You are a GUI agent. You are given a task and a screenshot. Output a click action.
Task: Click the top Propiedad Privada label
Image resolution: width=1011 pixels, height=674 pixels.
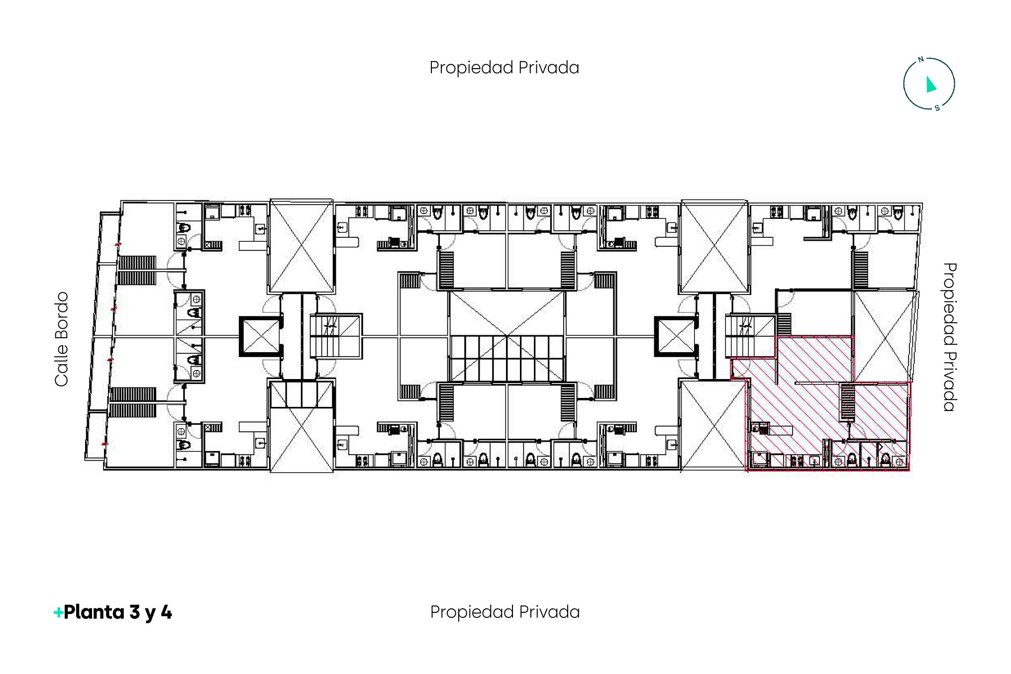[504, 68]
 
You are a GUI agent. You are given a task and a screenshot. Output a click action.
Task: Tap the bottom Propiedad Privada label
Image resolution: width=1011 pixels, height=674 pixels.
[505, 612]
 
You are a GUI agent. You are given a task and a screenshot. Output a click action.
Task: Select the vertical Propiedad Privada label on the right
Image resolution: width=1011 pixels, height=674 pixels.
[950, 337]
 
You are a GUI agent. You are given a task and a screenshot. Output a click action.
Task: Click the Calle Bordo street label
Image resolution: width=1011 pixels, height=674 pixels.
[61, 339]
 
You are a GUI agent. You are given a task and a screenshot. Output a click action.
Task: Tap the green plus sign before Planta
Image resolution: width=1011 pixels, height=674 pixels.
[58, 612]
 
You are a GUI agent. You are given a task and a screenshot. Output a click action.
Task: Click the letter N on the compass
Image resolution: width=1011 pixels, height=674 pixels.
[920, 60]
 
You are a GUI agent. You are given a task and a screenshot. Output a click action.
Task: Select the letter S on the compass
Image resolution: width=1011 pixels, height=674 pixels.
[937, 107]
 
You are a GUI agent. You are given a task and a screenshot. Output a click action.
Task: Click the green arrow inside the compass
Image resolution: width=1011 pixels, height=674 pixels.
[930, 85]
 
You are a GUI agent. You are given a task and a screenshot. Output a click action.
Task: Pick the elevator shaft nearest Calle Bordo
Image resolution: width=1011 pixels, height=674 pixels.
[260, 337]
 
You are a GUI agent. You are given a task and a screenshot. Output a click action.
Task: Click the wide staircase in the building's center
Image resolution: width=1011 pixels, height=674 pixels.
[507, 359]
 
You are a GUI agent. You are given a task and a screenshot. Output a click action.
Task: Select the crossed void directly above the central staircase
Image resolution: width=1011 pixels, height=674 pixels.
[507, 314]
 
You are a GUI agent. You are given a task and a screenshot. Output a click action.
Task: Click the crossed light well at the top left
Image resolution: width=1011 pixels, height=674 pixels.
[302, 246]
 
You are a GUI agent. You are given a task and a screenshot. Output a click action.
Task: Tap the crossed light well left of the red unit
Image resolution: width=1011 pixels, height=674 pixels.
[712, 425]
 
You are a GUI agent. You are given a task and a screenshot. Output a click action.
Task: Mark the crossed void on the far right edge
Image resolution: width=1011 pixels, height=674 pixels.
[885, 337]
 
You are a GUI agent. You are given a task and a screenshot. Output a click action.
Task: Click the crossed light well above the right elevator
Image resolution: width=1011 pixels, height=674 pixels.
[714, 246]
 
